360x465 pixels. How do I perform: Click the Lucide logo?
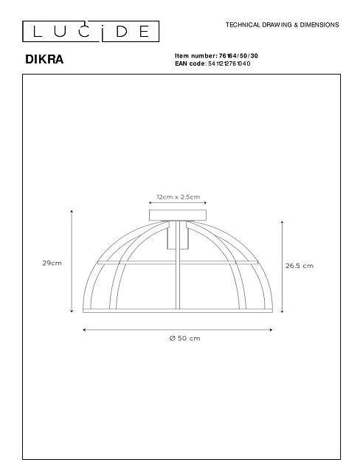[91, 31]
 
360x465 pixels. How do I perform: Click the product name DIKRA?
[44, 59]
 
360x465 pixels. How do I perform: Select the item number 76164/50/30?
[238, 56]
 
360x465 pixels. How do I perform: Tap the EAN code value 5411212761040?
[229, 63]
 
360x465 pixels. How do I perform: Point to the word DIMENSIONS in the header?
[319, 25]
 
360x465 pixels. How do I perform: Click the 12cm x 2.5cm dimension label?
[178, 197]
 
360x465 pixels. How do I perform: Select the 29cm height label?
[52, 263]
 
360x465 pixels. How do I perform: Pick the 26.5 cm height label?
[300, 266]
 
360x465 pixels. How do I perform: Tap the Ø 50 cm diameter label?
[185, 338]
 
